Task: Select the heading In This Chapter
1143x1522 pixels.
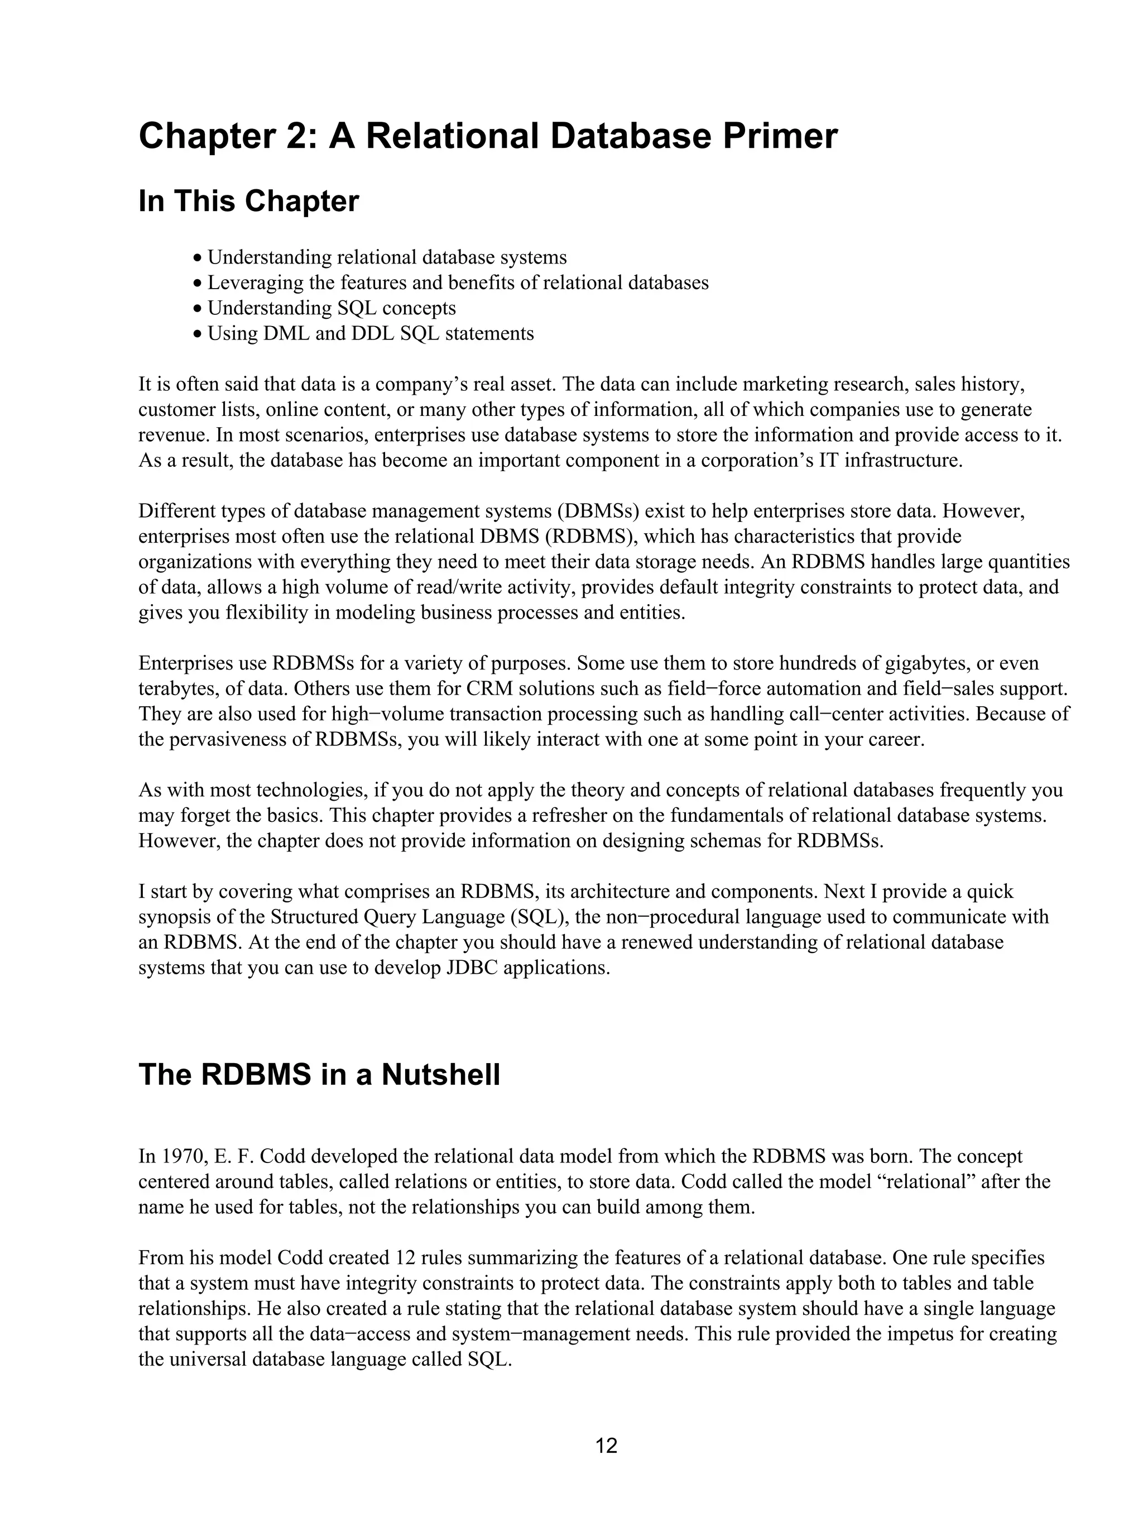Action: point(248,202)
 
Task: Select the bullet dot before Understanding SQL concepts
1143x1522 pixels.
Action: point(198,309)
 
